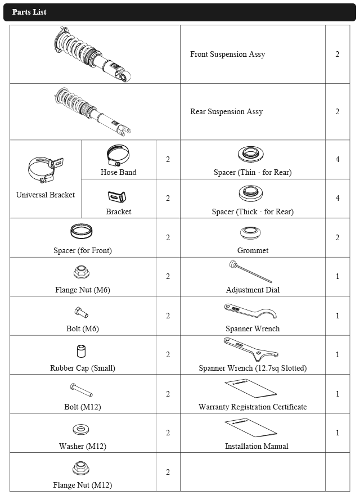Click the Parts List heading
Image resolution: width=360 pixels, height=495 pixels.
click(x=29, y=12)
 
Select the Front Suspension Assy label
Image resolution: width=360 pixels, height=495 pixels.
click(x=227, y=55)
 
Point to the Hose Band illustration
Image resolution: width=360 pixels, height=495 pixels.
click(x=118, y=154)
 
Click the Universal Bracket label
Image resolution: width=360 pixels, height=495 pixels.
click(x=46, y=195)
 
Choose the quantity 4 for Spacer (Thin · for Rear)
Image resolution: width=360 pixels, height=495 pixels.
click(x=337, y=159)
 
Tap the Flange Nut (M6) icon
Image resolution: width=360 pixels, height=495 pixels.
click(x=81, y=273)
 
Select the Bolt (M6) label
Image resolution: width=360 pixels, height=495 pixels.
click(x=82, y=328)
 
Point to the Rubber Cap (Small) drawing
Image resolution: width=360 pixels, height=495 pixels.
click(x=82, y=352)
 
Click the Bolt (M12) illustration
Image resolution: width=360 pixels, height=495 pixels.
click(x=82, y=390)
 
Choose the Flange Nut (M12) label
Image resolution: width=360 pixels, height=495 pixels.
click(x=83, y=485)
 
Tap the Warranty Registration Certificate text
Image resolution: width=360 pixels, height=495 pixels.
click(x=253, y=407)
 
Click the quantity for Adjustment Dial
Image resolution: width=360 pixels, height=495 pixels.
click(x=337, y=277)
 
